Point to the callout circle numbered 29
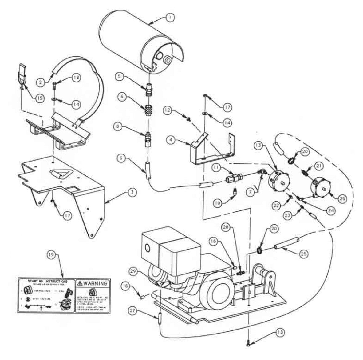(133, 271)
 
